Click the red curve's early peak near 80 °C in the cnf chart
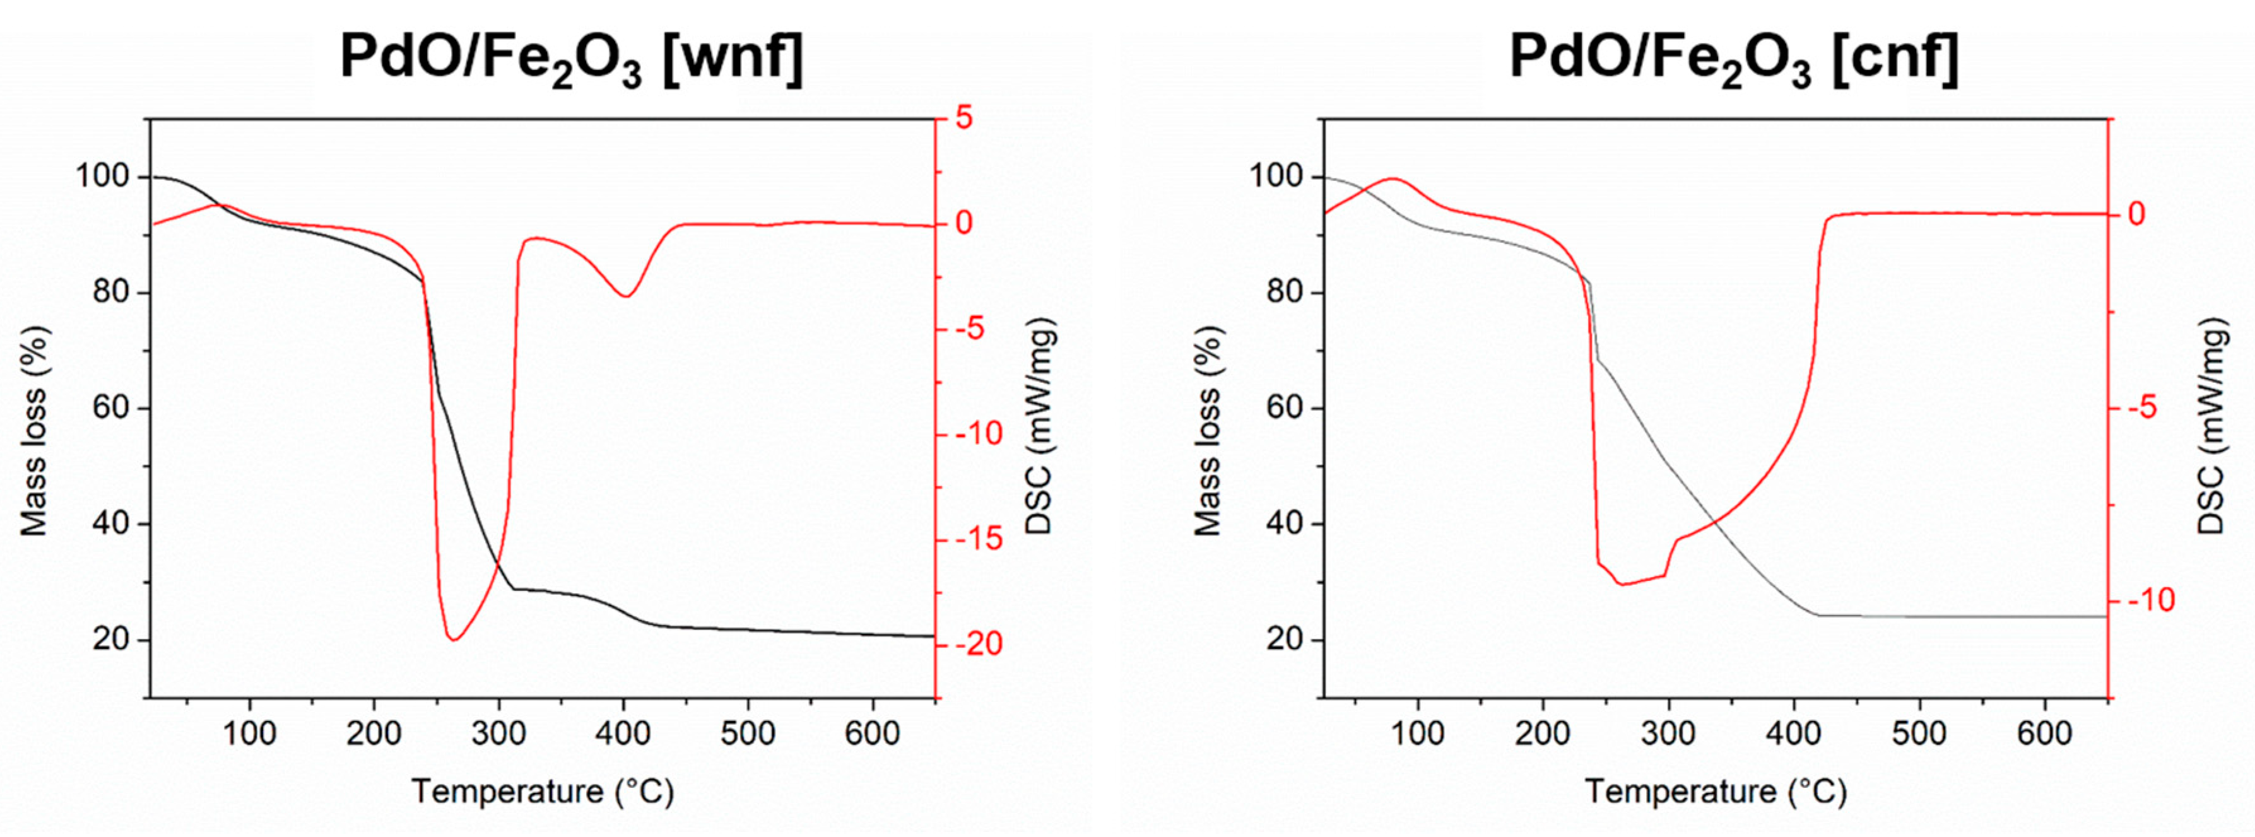1394,179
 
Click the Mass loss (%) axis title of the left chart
35,430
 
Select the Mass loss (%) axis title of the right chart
1208,430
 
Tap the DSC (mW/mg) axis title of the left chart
1039,426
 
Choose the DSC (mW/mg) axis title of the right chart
2211,426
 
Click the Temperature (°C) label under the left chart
543,792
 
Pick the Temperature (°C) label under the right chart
1716,792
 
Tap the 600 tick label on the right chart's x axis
2044,733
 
